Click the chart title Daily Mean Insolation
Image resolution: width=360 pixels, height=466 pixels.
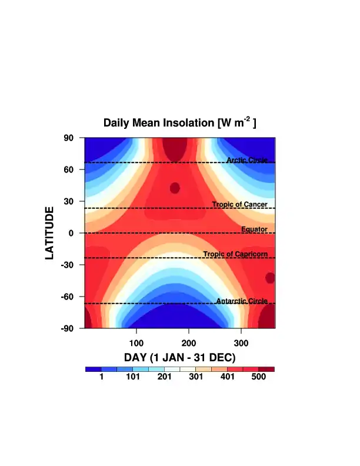pyautogui.click(x=179, y=123)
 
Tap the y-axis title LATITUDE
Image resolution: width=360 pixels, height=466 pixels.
pyautogui.click(x=51, y=233)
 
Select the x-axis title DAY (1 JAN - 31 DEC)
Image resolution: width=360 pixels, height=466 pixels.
pyautogui.click(x=179, y=358)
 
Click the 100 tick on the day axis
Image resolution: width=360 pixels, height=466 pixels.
pyautogui.click(x=136, y=342)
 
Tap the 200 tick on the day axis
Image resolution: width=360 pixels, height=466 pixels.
pyautogui.click(x=189, y=342)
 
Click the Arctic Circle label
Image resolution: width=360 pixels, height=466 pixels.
pyautogui.click(x=247, y=160)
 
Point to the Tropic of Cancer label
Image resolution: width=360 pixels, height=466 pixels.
pyautogui.click(x=240, y=205)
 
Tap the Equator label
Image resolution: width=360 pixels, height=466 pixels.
pyautogui.click(x=254, y=229)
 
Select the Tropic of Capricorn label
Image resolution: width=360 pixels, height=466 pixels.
pyautogui.click(x=235, y=254)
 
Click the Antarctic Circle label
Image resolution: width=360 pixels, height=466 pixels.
pyautogui.click(x=242, y=301)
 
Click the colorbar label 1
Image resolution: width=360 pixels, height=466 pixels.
pyautogui.click(x=101, y=377)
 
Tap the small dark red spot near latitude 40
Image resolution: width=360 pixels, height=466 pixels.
pyautogui.click(x=175, y=188)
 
